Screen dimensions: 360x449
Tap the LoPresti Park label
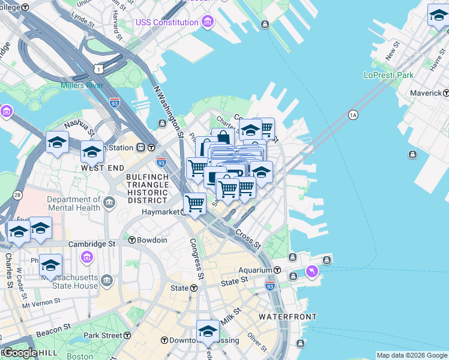(389, 76)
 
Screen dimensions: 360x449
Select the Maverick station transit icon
(446, 93)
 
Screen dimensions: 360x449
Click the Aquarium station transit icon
(277, 271)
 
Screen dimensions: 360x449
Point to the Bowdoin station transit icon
(132, 240)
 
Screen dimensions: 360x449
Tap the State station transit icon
(194, 288)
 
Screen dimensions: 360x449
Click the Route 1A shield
(353, 115)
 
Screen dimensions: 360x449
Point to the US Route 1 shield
(98, 70)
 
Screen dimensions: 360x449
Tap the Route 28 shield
(17, 195)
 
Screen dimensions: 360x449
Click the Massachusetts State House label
(68, 281)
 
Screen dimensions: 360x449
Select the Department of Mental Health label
(74, 203)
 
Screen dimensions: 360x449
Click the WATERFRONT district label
(283, 316)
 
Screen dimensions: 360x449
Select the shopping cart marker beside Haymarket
(194, 203)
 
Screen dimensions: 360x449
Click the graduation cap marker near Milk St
(208, 331)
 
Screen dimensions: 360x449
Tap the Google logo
(19, 353)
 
